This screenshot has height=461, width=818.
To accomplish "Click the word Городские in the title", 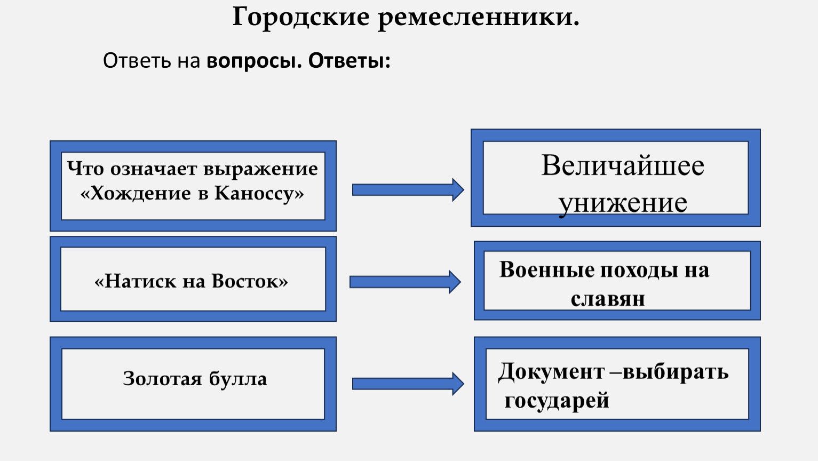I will coord(300,18).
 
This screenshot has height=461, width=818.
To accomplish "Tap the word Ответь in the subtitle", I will coord(137,61).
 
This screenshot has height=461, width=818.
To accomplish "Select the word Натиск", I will coord(140,281).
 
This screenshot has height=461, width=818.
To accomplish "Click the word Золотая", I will coord(163,379).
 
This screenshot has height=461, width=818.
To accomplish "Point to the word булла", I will coord(237,379).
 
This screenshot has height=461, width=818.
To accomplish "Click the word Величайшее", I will coord(623,165).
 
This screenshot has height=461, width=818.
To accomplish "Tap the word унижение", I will coord(623,203).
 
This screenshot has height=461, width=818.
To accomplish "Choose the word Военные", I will coord(547,270).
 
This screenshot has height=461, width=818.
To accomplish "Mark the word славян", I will coord(608,299).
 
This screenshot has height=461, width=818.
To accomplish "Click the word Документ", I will coord(551,372).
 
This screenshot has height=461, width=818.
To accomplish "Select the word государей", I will coord(557,400).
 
